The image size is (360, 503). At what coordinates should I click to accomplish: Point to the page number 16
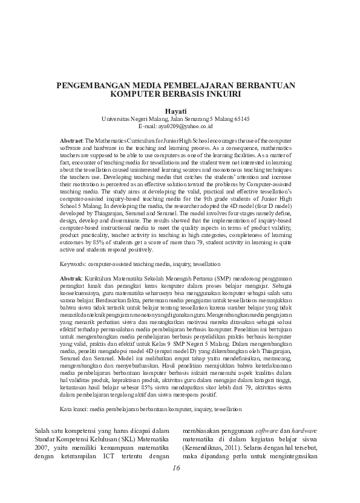176,468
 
